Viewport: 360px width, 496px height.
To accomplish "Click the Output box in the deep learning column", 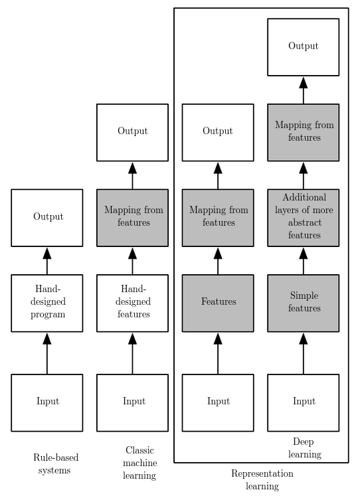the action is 303,47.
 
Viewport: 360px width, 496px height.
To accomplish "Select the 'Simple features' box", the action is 303,303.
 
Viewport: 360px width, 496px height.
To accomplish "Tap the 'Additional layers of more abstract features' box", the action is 303,218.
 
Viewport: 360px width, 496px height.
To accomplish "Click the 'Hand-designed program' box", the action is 46,303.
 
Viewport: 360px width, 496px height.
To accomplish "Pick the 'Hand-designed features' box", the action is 132,303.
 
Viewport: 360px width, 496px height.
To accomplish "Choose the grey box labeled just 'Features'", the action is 218,303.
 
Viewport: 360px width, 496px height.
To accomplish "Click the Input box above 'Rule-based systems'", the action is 46,402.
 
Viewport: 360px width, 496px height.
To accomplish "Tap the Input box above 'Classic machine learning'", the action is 132,402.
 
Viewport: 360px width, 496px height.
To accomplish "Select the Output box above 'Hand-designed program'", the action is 46,218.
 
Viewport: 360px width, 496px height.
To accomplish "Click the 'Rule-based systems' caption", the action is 56,463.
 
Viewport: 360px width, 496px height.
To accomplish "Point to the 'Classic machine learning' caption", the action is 140,463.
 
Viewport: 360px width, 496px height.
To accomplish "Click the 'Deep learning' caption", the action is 304,448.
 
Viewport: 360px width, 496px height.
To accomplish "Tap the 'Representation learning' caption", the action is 262,479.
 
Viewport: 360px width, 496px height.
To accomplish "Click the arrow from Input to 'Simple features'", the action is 303,353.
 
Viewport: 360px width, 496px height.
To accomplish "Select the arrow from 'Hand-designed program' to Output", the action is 46,261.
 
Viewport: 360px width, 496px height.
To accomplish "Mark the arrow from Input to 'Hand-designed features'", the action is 132,353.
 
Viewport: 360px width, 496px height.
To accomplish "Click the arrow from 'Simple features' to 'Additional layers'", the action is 303,261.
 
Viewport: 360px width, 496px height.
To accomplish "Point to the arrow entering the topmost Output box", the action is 303,90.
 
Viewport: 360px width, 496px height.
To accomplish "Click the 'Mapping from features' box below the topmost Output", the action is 303,132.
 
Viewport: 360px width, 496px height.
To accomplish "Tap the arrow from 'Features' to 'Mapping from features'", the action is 218,261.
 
